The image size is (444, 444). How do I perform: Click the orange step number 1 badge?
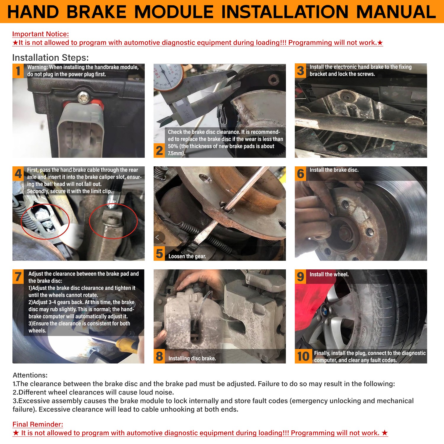(18, 71)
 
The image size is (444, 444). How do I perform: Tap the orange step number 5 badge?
(160, 254)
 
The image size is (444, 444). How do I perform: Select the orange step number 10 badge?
(303, 356)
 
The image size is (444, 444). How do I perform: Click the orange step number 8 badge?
(160, 356)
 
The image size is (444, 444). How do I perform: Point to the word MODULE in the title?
(174, 12)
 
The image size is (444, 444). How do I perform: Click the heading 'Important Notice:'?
(41, 34)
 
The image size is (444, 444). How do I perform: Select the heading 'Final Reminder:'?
(38, 424)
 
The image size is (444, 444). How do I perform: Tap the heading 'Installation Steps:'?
(50, 57)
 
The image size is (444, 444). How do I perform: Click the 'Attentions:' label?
(30, 375)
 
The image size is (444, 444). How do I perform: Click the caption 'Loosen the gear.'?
(187, 256)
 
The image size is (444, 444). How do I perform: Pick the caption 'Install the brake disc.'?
(334, 170)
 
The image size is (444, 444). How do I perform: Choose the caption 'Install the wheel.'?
(329, 274)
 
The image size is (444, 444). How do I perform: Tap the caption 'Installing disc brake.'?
(192, 358)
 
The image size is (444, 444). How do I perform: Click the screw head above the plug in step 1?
(82, 97)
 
